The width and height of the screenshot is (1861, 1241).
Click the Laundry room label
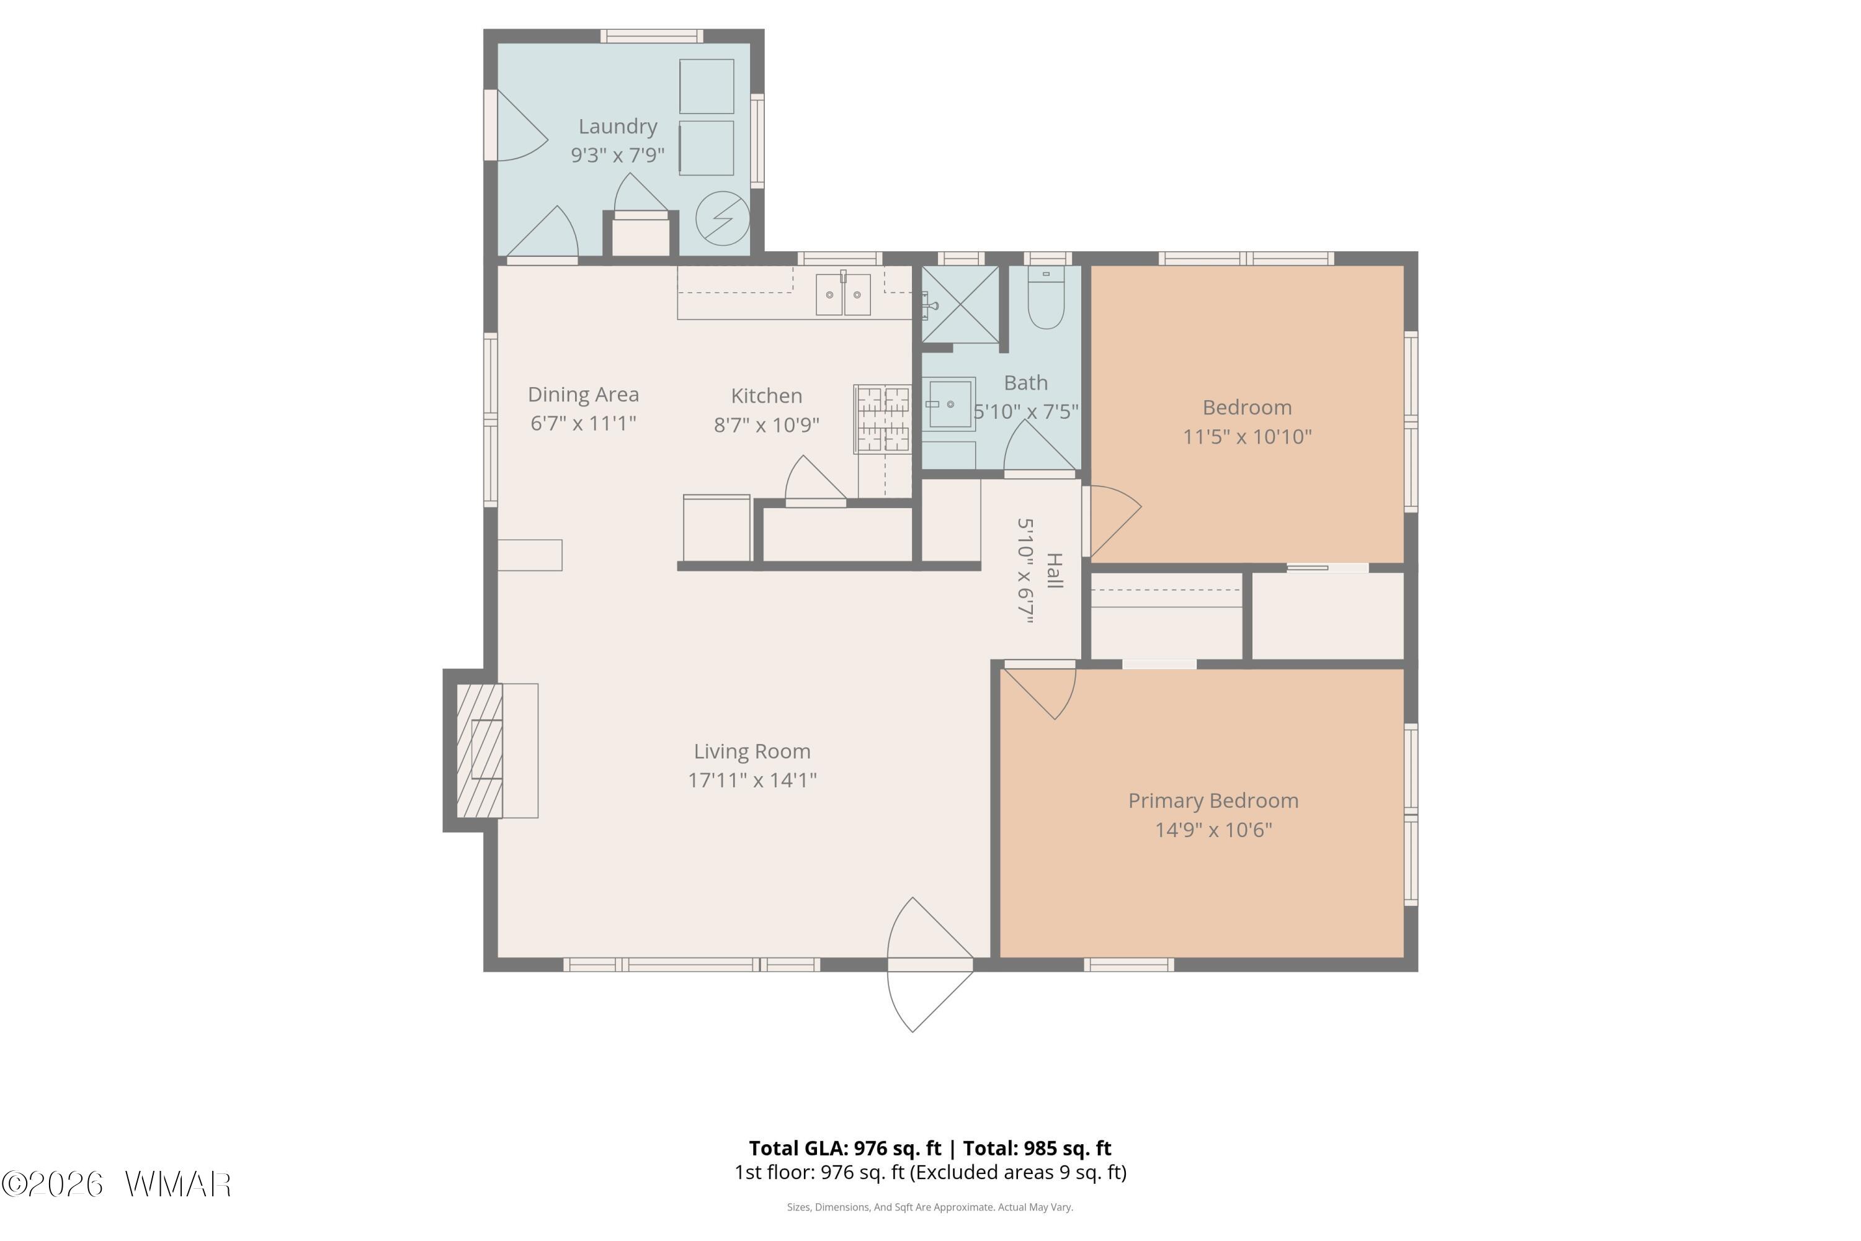click(618, 127)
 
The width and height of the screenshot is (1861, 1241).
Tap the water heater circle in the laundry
click(723, 218)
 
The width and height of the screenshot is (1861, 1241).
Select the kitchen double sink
click(844, 294)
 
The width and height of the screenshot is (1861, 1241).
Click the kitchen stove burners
click(883, 419)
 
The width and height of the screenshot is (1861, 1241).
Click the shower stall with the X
click(960, 305)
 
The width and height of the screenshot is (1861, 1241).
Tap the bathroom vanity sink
click(950, 405)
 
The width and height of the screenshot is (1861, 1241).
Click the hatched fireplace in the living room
click(480, 750)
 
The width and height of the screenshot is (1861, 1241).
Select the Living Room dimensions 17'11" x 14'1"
click(752, 781)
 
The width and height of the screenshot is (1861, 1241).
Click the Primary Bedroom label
click(1213, 801)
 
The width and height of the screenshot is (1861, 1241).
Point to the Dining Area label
click(583, 395)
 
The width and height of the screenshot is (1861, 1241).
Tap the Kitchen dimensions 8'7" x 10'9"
click(766, 425)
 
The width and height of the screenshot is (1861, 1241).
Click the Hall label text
click(1055, 571)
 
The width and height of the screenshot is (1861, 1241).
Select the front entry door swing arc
click(902, 965)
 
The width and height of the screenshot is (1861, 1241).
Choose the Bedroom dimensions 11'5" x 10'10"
click(1247, 437)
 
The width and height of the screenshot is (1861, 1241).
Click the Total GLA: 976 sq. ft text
click(845, 1149)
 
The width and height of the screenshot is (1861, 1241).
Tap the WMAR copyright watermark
click(117, 1185)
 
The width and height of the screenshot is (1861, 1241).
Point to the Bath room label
click(1025, 383)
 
